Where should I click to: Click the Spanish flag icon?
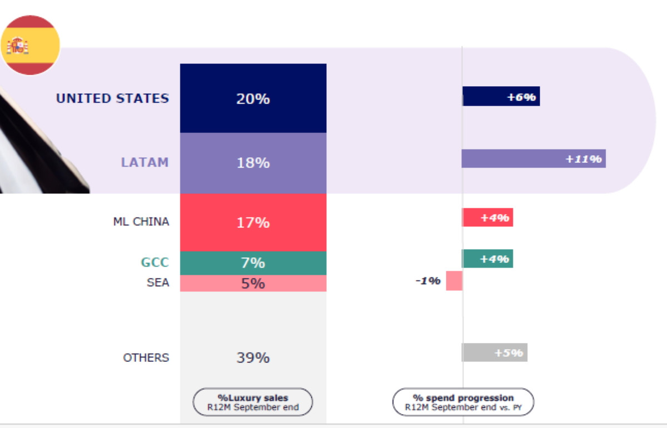point(30,45)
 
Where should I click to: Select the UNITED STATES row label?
point(112,98)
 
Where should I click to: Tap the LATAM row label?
point(145,162)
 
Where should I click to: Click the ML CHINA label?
point(141,222)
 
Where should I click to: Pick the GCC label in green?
point(155,262)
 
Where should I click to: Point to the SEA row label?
point(158,283)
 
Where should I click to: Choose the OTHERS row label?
point(146,357)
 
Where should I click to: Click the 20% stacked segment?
point(253,98)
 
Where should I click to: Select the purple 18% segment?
point(253,163)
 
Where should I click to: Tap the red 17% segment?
point(253,222)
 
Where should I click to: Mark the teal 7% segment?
point(253,263)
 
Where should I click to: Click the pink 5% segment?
point(253,283)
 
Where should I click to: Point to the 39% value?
point(253,357)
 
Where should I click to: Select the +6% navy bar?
point(501,96)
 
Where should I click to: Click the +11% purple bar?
point(534,158)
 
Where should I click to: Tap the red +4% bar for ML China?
point(487,217)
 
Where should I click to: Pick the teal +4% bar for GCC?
point(487,258)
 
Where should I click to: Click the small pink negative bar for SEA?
point(454,281)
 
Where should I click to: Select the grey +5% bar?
point(494,352)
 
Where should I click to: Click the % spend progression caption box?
point(463,402)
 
